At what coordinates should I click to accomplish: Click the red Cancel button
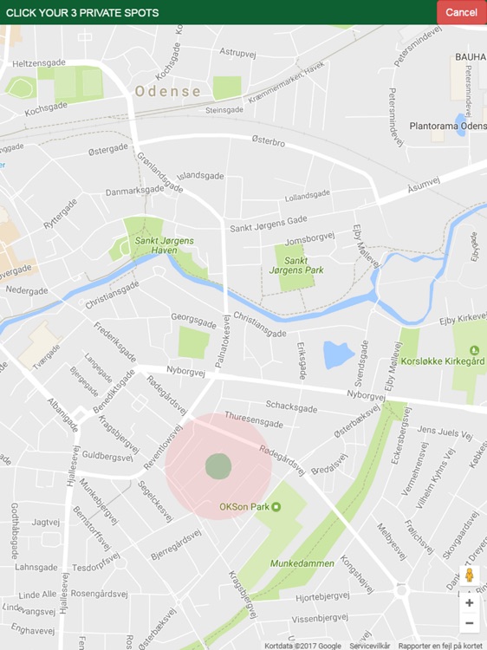coord(461,12)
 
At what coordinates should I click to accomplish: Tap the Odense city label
coord(167,91)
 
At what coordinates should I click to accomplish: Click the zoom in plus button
coord(470,602)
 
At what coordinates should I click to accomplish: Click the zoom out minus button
coord(470,623)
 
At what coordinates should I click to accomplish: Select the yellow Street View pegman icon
coord(470,575)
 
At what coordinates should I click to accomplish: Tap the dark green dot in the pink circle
coord(218,465)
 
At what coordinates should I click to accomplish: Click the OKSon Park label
coord(243,507)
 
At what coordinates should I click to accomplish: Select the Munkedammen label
coord(302,563)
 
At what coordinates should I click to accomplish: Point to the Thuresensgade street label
coord(253,421)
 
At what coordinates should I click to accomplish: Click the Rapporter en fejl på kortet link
coord(439,645)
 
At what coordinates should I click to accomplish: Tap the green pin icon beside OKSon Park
coord(276,507)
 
